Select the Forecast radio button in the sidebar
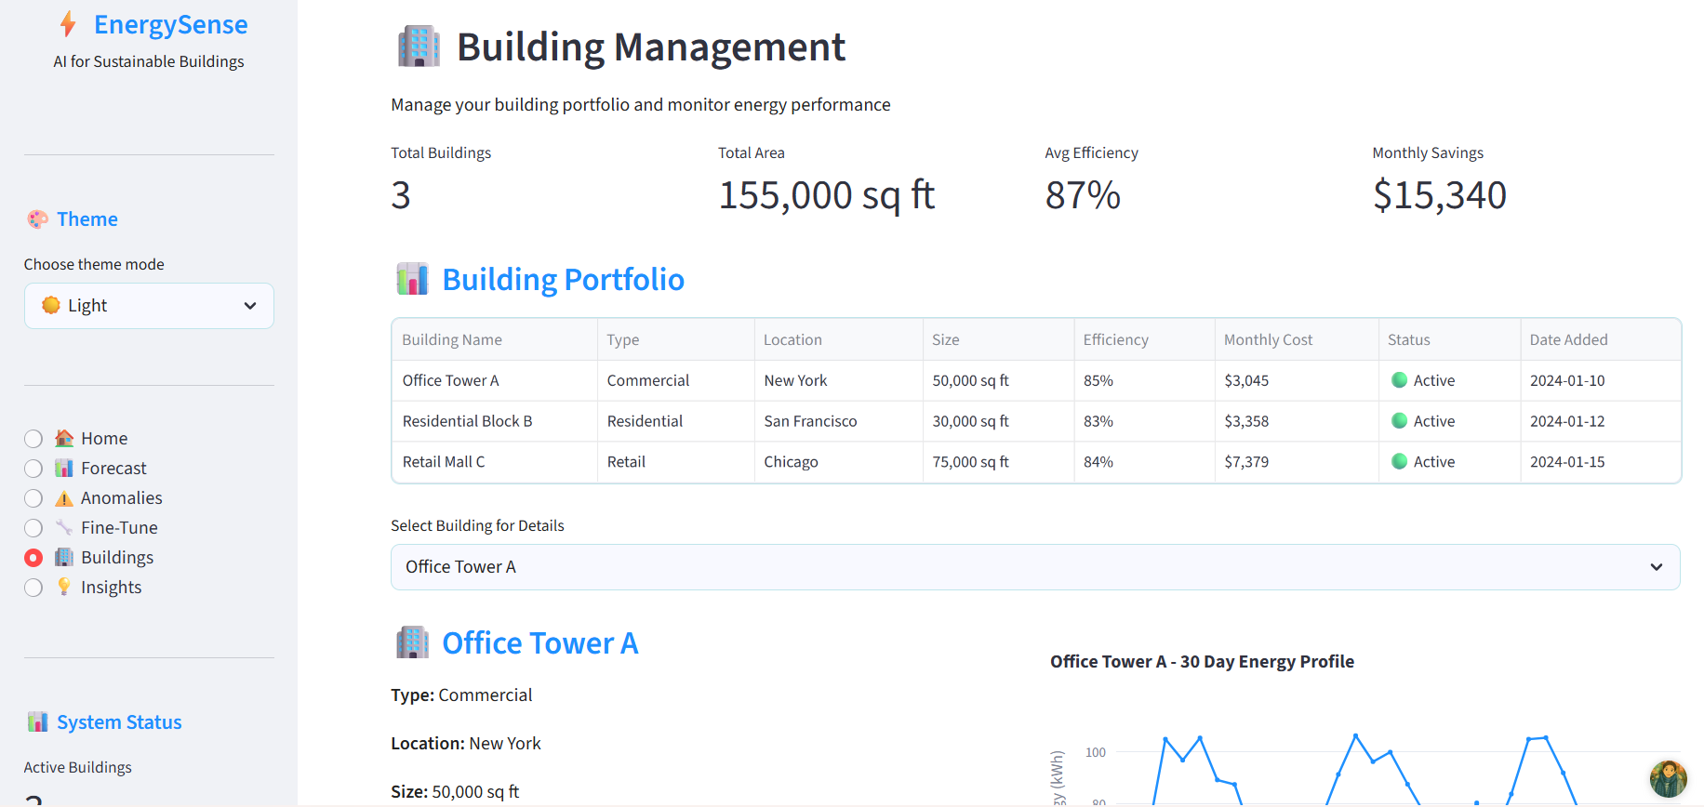click(x=33, y=469)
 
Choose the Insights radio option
click(x=33, y=588)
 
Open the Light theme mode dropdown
click(x=149, y=306)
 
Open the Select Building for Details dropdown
click(x=1034, y=567)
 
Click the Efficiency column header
click(x=1115, y=340)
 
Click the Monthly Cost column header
click(x=1268, y=340)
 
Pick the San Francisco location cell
click(x=810, y=421)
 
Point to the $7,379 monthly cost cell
click(x=1246, y=462)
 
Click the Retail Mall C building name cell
click(x=444, y=462)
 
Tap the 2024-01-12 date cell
click(x=1567, y=421)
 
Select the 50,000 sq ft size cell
click(x=970, y=381)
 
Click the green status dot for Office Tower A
click(x=1399, y=380)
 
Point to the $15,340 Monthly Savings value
click(x=1439, y=195)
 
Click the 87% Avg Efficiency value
click(x=1083, y=195)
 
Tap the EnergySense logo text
click(x=170, y=25)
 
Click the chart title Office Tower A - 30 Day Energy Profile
click(x=1202, y=662)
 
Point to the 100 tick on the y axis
click(x=1096, y=752)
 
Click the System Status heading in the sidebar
click(x=119, y=722)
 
